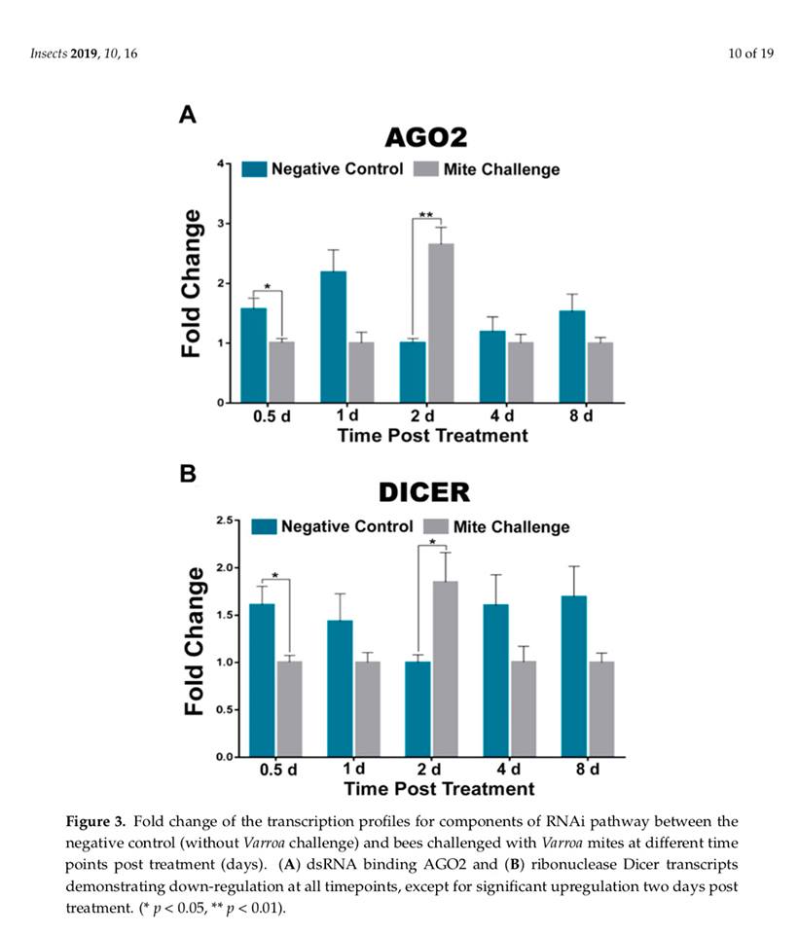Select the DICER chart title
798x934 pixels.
coord(423,493)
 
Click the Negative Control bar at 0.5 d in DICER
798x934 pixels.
coord(262,680)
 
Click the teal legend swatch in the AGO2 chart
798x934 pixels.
coord(254,169)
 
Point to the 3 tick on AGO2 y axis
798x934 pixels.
coord(222,224)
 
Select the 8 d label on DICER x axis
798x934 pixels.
coord(588,770)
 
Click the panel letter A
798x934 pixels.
coord(188,115)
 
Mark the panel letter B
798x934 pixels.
coord(188,474)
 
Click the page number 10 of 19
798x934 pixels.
coord(750,53)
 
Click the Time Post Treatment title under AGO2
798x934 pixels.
coord(432,435)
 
